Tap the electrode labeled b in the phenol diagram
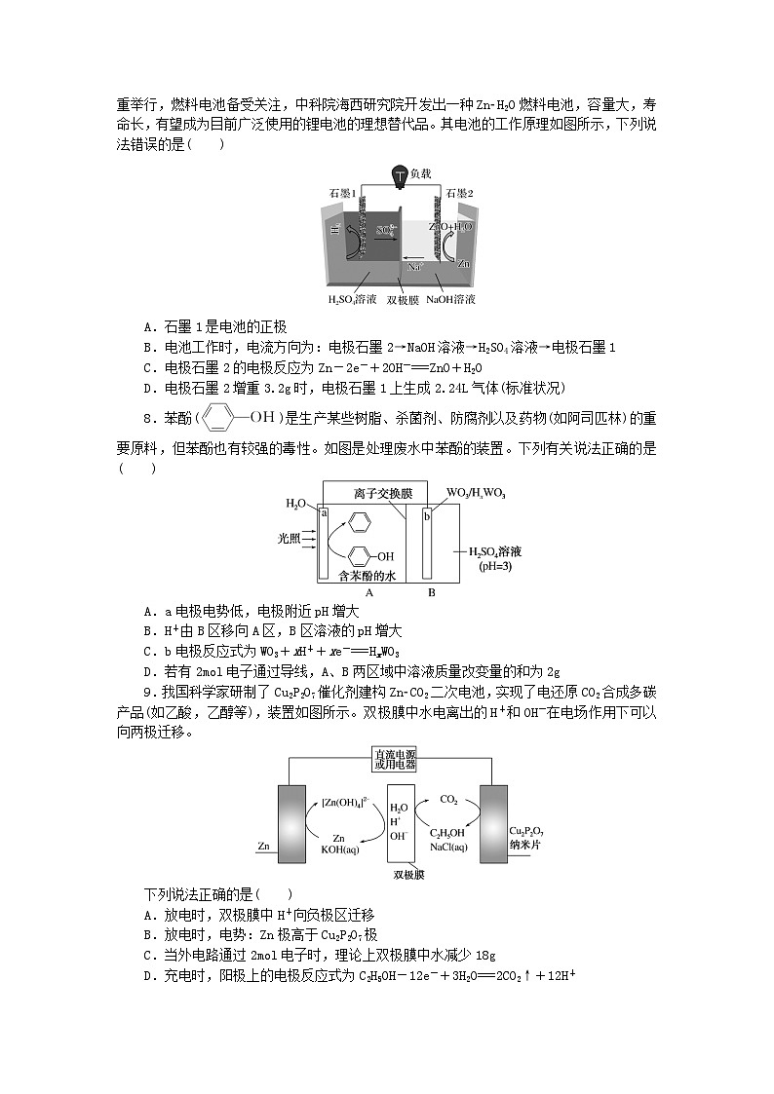426,515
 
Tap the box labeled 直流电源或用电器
387,760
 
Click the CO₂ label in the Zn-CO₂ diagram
449,799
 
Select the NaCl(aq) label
447,847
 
